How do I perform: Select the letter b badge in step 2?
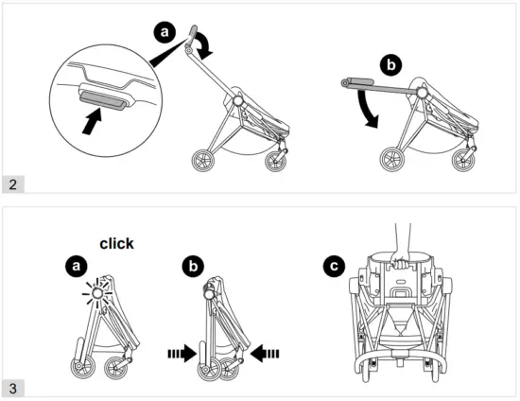[x=390, y=65]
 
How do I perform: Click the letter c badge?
[x=333, y=268]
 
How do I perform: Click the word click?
[x=116, y=243]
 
